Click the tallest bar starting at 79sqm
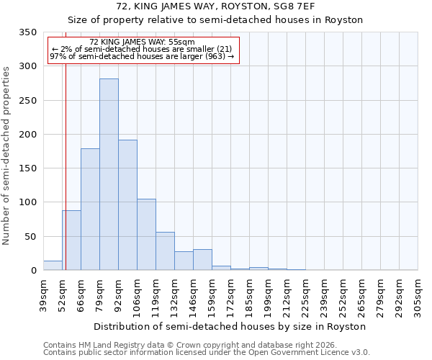pos(109,174)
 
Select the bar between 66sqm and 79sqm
pos(90,209)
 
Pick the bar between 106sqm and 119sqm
pos(146,235)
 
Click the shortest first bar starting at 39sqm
pos(53,266)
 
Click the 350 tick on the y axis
pos(27,32)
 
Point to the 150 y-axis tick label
pos(27,168)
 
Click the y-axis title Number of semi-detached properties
pos(6,156)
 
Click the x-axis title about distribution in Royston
pos(230,326)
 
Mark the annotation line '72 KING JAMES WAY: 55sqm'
pos(143,42)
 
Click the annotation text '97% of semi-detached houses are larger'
pos(142,55)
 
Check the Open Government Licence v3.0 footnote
pos(206,353)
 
